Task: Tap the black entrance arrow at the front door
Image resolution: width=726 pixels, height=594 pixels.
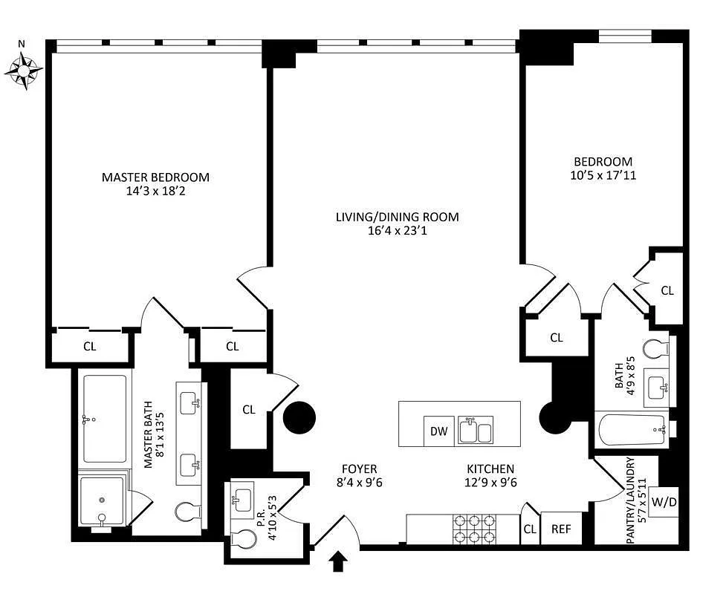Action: [x=338, y=561]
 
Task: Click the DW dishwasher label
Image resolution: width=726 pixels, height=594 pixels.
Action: [x=438, y=431]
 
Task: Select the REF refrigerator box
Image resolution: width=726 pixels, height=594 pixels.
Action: [x=561, y=528]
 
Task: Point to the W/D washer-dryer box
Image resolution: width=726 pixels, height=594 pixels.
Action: [x=664, y=501]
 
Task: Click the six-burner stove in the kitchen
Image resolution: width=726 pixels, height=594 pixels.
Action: [x=474, y=529]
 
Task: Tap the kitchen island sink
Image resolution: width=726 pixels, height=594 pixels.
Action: [x=476, y=430]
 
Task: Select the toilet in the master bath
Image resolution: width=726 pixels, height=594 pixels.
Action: [x=188, y=512]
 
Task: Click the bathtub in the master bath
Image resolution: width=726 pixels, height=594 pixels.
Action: [x=104, y=419]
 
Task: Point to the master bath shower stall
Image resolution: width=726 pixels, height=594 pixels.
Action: [x=103, y=500]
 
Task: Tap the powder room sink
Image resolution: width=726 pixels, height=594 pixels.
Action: [x=242, y=499]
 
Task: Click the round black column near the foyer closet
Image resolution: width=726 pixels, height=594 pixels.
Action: [x=299, y=417]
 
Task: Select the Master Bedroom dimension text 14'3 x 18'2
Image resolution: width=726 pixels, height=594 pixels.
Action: [x=155, y=191]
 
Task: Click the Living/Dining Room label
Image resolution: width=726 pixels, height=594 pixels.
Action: [x=398, y=217]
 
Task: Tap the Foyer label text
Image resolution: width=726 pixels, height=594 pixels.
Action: [x=360, y=469]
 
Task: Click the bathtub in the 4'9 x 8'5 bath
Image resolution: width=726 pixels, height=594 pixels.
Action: [x=632, y=429]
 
